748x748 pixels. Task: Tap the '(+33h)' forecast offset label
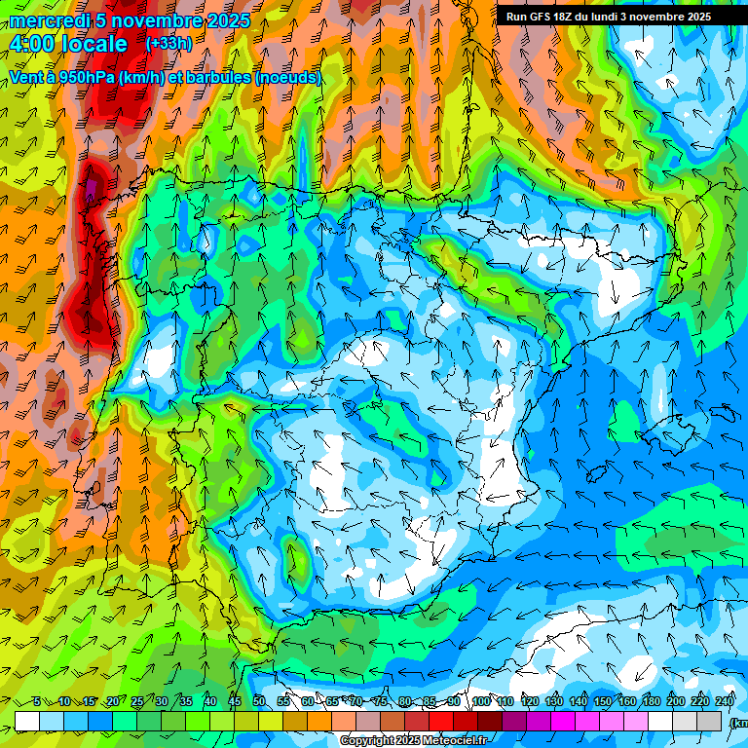[168, 43]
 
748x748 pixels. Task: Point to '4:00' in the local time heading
[32, 44]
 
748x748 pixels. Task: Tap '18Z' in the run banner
[565, 17]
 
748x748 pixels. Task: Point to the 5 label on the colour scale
[36, 701]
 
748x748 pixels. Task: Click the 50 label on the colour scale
[259, 701]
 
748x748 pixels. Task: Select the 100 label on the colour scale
[481, 701]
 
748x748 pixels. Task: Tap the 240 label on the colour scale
[725, 701]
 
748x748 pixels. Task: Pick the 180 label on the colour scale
[652, 701]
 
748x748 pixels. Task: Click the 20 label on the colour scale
[113, 701]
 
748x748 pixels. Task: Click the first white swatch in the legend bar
[27, 720]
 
